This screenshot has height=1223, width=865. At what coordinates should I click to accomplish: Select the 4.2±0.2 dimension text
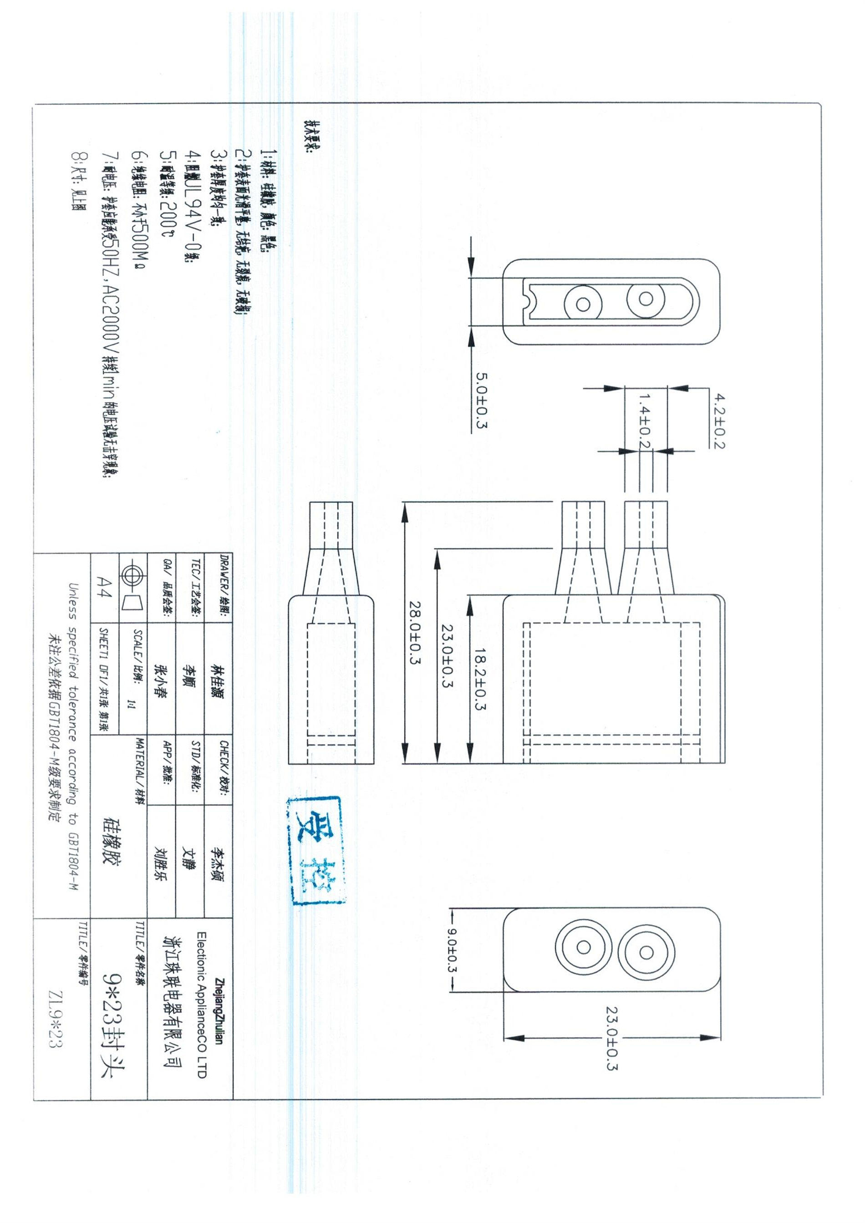[x=720, y=421]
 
